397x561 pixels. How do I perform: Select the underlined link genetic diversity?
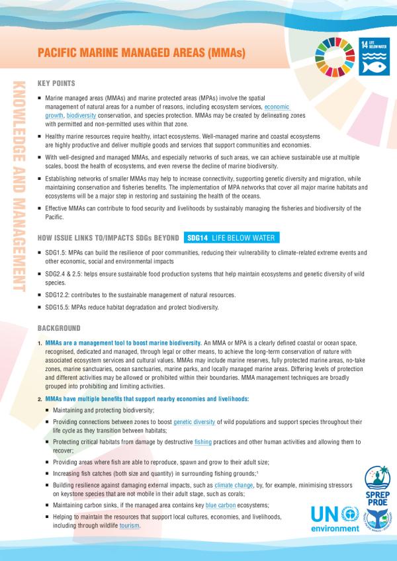[x=193, y=421]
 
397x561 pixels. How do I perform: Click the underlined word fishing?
[x=204, y=441]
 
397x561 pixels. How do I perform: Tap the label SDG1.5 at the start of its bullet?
[x=56, y=253]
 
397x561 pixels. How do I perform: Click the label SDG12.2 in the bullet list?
[x=58, y=294]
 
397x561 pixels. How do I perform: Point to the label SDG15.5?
[x=58, y=308]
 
